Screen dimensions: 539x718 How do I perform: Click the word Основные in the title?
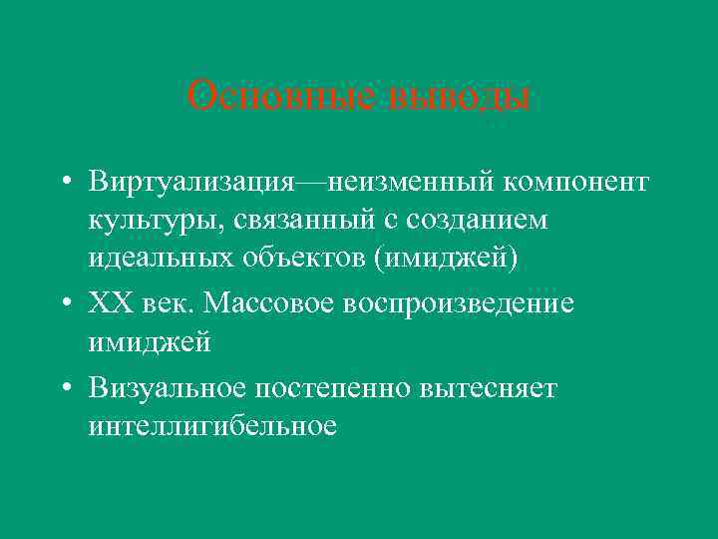click(x=258, y=97)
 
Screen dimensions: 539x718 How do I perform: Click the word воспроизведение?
click(x=458, y=304)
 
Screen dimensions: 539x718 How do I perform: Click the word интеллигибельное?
click(x=212, y=426)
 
